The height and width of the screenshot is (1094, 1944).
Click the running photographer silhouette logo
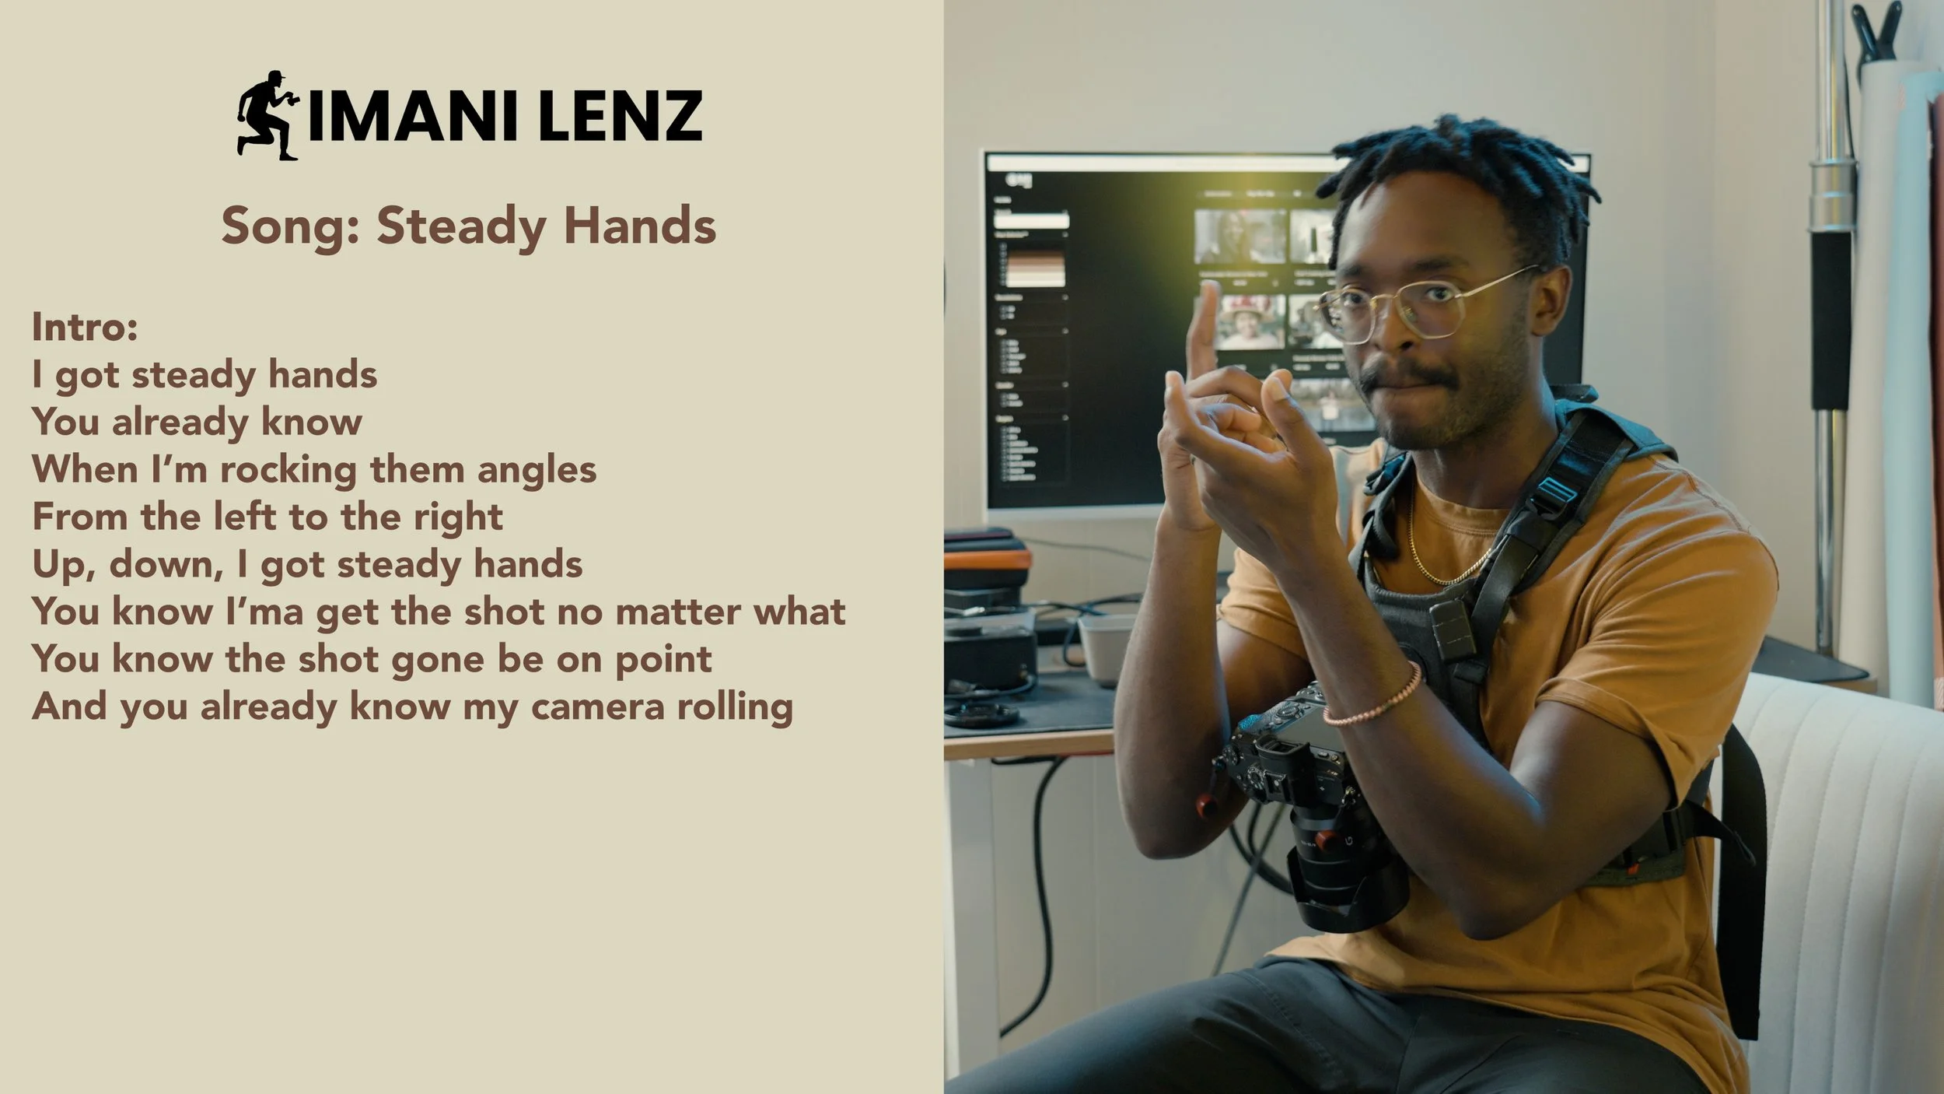266,115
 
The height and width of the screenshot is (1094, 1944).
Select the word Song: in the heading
289,226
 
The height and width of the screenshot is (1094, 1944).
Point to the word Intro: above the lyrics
85,327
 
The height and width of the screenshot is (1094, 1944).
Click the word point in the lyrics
663,661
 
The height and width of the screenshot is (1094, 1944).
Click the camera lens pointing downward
1345,879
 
